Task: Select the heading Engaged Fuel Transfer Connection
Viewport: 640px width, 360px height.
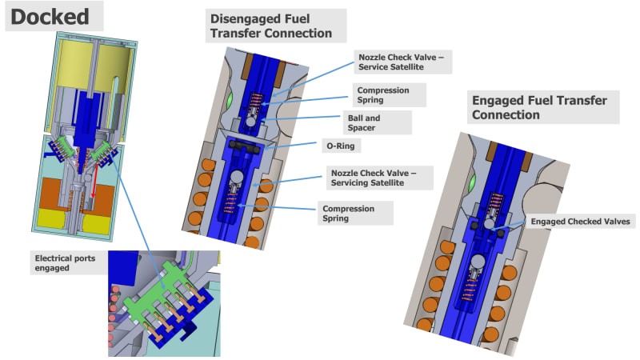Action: coord(539,107)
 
